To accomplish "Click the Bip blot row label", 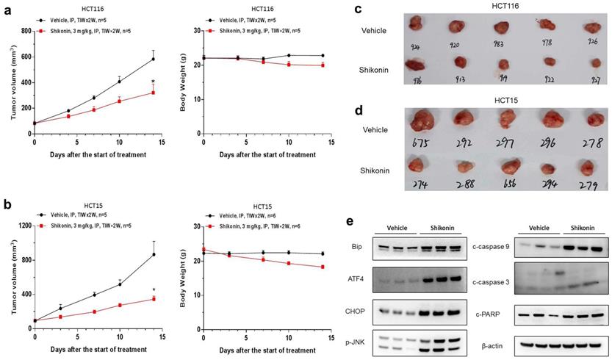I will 356,249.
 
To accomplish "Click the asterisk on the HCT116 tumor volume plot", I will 152,82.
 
